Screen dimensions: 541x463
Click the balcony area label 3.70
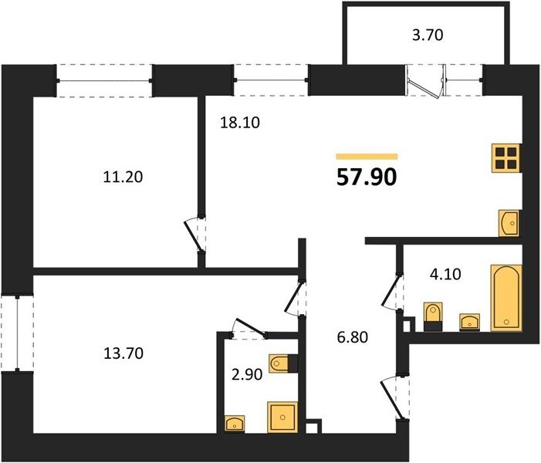coord(428,35)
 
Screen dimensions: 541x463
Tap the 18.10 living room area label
coord(240,123)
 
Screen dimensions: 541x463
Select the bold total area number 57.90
coord(367,177)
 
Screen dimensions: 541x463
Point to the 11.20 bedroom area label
coord(123,177)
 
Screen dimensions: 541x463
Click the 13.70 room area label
coord(123,353)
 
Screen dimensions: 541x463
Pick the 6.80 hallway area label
coord(353,337)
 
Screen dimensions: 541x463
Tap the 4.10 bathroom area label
coord(445,275)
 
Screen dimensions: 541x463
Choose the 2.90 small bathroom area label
coord(247,374)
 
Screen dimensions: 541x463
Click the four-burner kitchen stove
coord(505,157)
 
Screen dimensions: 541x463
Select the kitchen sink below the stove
coord(509,223)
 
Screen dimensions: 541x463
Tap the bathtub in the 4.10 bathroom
coord(506,298)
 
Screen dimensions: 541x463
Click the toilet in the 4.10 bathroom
coord(433,316)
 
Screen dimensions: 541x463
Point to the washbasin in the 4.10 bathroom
coord(469,323)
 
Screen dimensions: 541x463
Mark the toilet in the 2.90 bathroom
coord(283,363)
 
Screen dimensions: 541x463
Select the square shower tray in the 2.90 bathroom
coord(282,417)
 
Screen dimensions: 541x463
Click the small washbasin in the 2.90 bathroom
coord(235,424)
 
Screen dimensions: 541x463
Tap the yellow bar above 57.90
coord(367,157)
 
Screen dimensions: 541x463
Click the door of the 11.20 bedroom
coord(196,235)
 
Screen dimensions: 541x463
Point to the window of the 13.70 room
coord(17,333)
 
